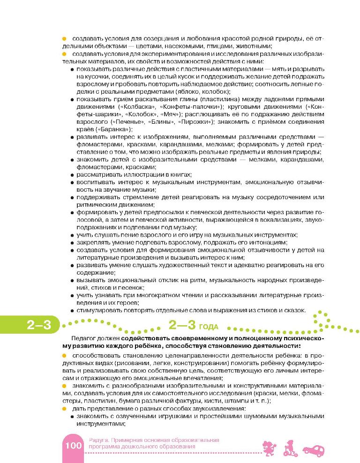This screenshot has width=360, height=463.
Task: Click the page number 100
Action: coord(73,445)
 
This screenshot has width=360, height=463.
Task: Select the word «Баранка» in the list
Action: coord(111,129)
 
